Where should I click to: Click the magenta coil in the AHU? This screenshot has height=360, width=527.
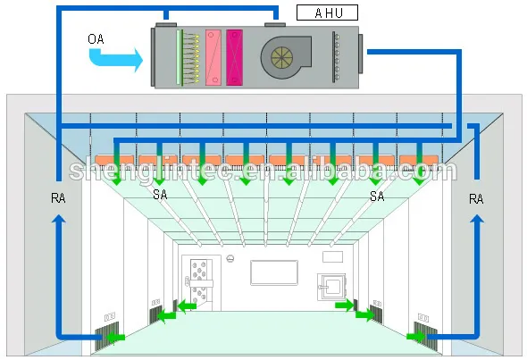235,57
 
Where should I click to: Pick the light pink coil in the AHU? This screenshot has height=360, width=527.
213,57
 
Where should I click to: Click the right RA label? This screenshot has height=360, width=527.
476,200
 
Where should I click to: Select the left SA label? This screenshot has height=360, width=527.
160,195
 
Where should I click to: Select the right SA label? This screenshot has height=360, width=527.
377,195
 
